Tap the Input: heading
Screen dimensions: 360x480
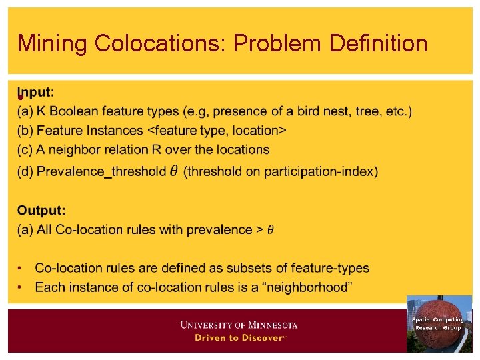coord(37,92)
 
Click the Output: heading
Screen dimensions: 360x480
coord(41,210)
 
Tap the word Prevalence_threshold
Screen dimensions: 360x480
coord(101,171)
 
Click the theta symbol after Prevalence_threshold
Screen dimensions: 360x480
coord(173,171)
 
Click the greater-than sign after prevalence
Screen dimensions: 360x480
coord(259,230)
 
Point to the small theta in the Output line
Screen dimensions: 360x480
coord(270,231)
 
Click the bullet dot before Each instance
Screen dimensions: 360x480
coord(21,287)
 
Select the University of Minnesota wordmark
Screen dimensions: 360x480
coord(239,325)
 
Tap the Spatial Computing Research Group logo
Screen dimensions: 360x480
coord(439,323)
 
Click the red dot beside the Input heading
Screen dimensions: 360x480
coord(21,97)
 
